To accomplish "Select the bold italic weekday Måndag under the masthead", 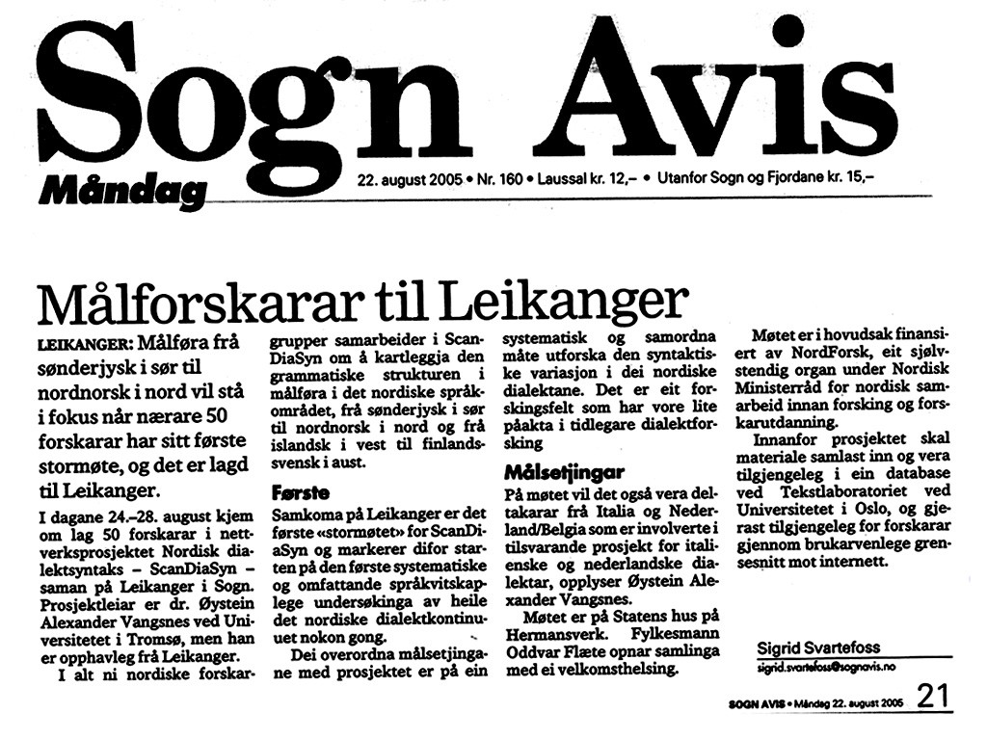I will point(122,190).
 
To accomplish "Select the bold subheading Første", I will point(302,490).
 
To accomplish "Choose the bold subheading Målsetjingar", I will point(564,473).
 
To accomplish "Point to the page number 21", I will point(933,697).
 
